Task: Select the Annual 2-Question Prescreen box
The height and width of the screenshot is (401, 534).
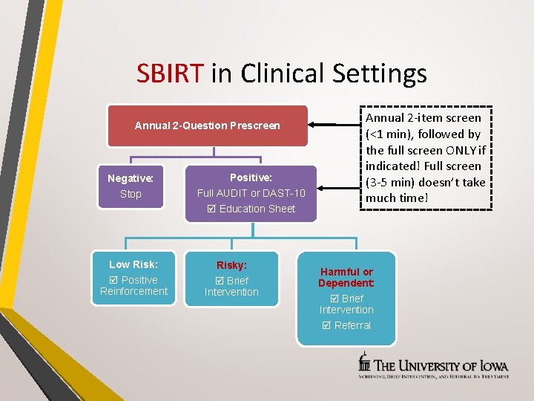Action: pyautogui.click(x=208, y=125)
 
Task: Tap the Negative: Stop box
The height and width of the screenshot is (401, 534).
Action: pyautogui.click(x=131, y=186)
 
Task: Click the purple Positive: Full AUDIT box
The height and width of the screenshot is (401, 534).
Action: pyautogui.click(x=251, y=193)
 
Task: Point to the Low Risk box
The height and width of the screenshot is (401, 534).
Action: pyautogui.click(x=133, y=278)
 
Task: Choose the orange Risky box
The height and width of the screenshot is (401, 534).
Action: pyautogui.click(x=231, y=278)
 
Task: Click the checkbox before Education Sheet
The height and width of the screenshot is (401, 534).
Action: pyautogui.click(x=211, y=209)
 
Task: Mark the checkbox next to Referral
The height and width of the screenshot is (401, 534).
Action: pyautogui.click(x=326, y=325)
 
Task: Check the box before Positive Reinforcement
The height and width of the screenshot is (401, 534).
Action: pyautogui.click(x=113, y=280)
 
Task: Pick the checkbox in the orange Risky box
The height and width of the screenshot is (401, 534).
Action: pyautogui.click(x=219, y=281)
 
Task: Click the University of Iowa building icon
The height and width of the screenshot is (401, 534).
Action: pyautogui.click(x=364, y=363)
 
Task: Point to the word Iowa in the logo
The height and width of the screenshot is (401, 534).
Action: pyautogui.click(x=492, y=365)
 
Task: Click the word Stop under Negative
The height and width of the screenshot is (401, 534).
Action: pyautogui.click(x=131, y=194)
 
